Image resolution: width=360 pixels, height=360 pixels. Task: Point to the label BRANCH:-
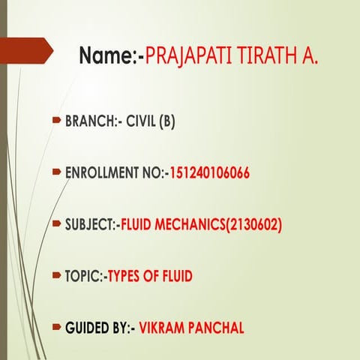click(x=94, y=120)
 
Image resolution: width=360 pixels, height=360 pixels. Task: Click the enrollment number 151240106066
click(x=209, y=173)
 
